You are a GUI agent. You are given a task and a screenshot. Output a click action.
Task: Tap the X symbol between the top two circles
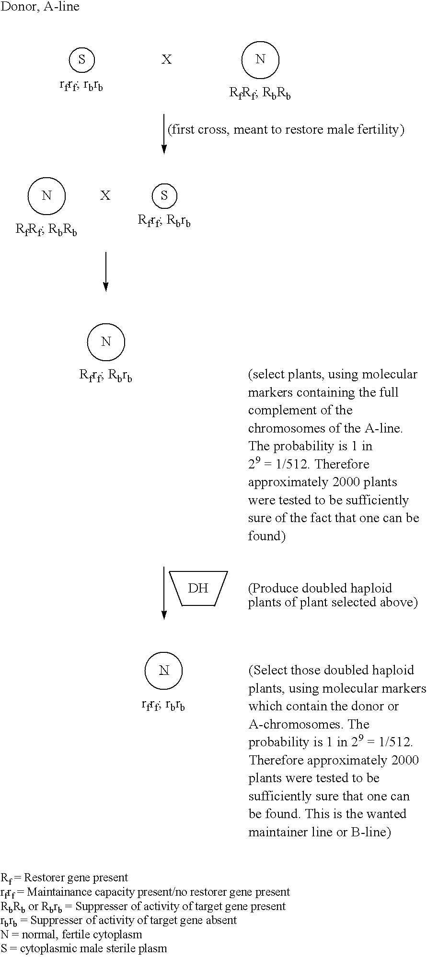[166, 59]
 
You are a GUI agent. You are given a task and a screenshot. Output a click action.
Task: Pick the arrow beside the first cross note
[164, 134]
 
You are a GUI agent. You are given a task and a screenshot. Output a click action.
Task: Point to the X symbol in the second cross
[105, 195]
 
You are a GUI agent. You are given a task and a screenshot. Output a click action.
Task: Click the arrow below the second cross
[105, 271]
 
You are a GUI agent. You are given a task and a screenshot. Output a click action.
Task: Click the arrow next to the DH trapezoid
[164, 593]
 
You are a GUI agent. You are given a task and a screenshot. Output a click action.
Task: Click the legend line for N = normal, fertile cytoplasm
[71, 934]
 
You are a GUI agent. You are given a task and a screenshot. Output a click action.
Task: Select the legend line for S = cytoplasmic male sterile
[84, 948]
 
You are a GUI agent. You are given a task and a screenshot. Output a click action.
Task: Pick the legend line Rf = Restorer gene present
[65, 878]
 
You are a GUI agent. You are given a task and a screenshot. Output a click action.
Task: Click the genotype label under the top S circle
[81, 86]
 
